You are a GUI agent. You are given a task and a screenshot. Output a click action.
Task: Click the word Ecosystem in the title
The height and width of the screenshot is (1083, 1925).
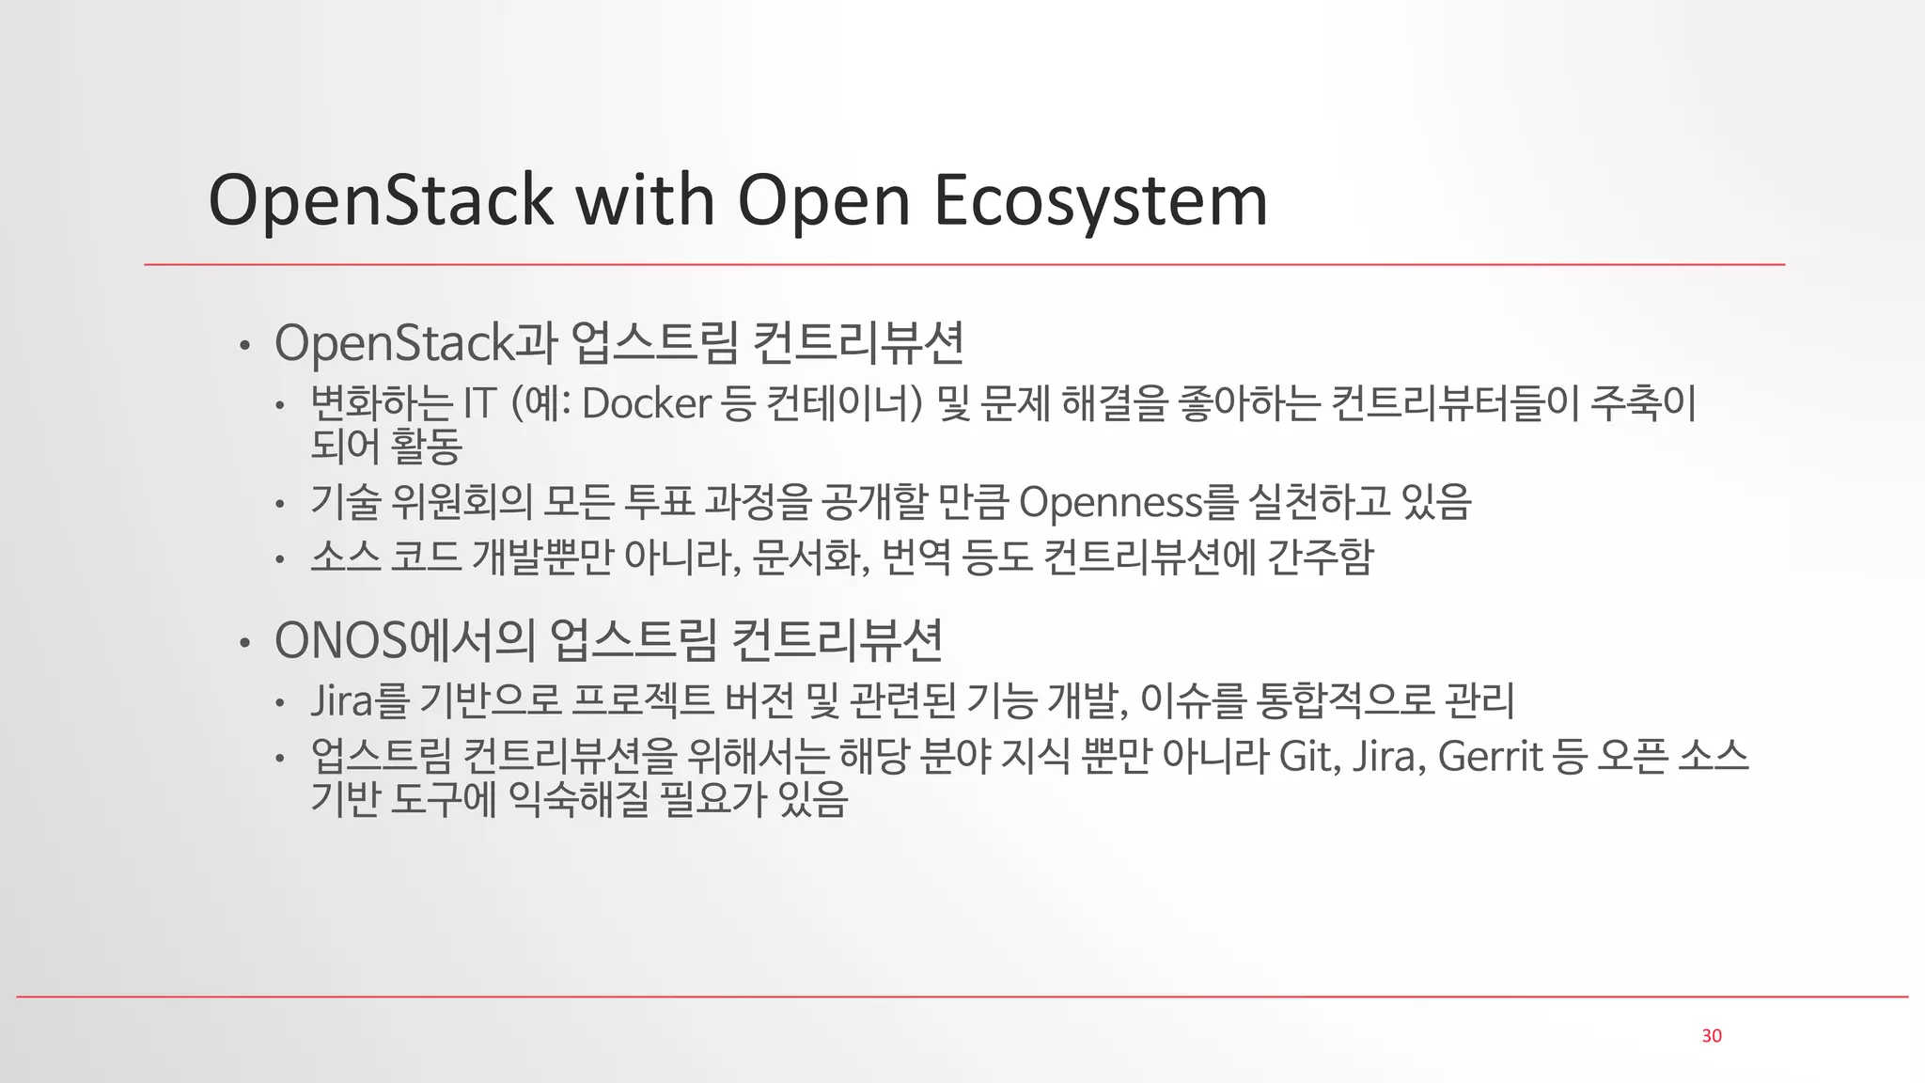pyautogui.click(x=1100, y=200)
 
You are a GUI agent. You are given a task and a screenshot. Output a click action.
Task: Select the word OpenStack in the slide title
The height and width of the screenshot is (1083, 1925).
pyautogui.click(x=381, y=200)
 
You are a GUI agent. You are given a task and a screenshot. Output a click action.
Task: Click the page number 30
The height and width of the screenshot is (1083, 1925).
pyautogui.click(x=1712, y=1035)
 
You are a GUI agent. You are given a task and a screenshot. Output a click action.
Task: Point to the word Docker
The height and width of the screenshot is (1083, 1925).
pyautogui.click(x=646, y=404)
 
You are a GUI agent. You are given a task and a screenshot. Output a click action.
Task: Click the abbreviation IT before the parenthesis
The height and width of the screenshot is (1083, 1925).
pyautogui.click(x=479, y=404)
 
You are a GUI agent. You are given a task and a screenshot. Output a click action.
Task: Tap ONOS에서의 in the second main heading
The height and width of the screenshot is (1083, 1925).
pyautogui.click(x=404, y=640)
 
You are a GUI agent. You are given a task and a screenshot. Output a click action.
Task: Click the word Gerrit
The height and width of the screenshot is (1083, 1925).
pyautogui.click(x=1490, y=756)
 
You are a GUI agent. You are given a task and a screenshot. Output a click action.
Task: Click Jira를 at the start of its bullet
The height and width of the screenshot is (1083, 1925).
pyautogui.click(x=360, y=700)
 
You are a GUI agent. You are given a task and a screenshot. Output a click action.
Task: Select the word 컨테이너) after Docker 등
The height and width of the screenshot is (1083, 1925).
pyautogui.click(x=845, y=404)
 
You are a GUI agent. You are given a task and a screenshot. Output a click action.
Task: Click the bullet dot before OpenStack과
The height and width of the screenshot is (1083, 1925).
pyautogui.click(x=244, y=346)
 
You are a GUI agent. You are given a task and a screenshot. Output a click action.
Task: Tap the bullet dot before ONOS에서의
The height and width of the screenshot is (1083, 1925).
pyautogui.click(x=244, y=644)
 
